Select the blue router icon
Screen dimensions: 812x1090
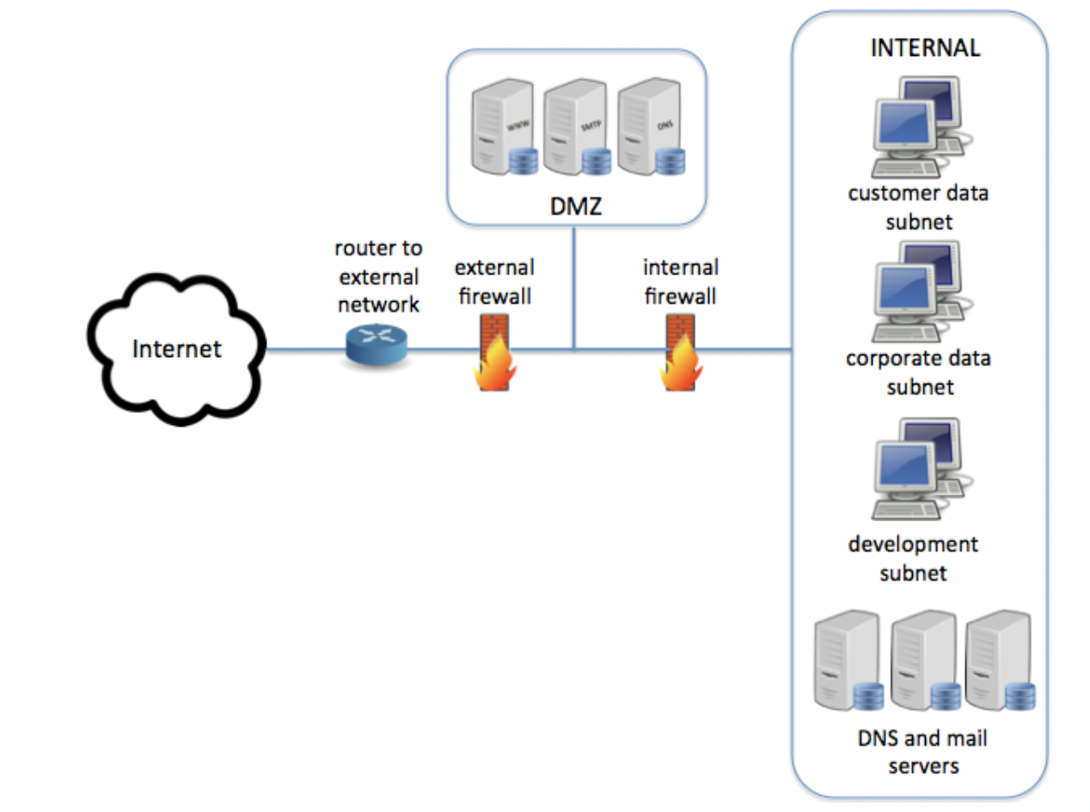tap(374, 343)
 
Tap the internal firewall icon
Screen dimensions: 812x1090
tap(680, 353)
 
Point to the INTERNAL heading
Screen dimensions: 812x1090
tap(924, 48)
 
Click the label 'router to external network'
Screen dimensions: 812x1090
tap(378, 276)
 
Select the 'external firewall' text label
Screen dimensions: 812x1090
tap(493, 282)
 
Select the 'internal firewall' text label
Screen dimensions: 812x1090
tap(680, 282)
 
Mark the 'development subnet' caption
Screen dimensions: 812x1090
tap(913, 558)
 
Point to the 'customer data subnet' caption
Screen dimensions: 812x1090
tap(918, 206)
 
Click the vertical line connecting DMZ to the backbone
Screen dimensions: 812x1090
tap(573, 289)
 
